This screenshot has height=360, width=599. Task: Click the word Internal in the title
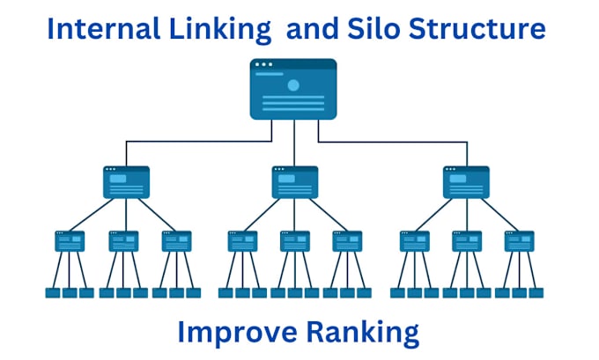click(x=104, y=29)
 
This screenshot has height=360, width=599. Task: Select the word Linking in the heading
click(x=220, y=31)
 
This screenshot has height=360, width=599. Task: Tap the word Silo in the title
click(x=373, y=29)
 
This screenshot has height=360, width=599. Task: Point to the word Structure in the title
click(x=477, y=29)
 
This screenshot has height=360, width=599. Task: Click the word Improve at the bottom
click(x=237, y=333)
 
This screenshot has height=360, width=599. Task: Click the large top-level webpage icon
click(x=293, y=89)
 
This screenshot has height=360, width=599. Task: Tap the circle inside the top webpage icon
click(x=293, y=85)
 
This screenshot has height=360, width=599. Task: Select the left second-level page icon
click(x=126, y=182)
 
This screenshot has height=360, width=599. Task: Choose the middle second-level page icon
click(x=294, y=182)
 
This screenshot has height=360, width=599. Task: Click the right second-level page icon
click(x=466, y=182)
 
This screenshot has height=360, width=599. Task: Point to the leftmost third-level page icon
click(x=70, y=241)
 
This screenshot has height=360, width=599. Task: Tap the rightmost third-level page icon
click(x=519, y=241)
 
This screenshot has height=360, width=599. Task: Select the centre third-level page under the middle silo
click(x=294, y=241)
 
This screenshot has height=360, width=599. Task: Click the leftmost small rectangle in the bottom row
click(x=53, y=293)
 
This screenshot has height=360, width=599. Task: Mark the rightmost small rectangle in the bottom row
click(x=536, y=293)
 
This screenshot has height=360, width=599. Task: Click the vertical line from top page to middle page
click(x=294, y=143)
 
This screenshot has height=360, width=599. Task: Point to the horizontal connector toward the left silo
click(x=199, y=142)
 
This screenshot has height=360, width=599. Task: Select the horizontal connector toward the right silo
click(x=393, y=142)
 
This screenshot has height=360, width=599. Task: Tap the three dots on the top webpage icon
click(x=263, y=64)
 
